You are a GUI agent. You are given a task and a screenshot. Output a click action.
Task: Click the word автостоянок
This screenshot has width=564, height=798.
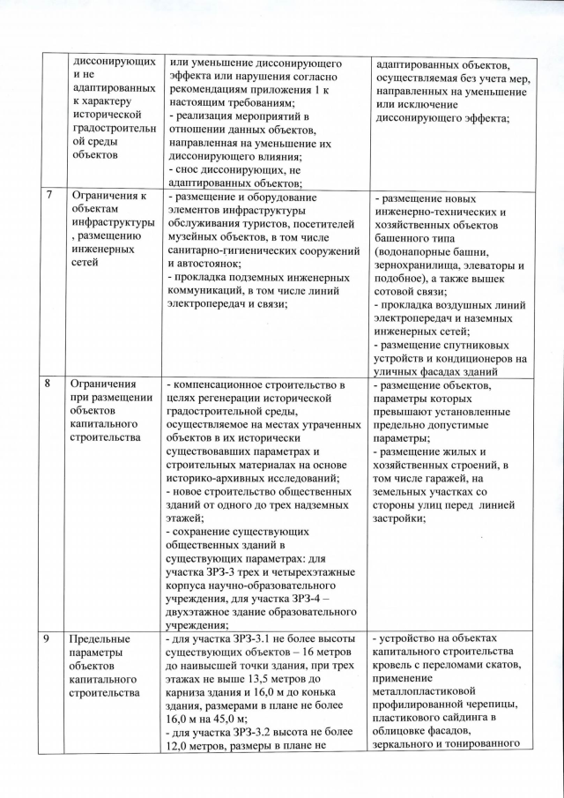(x=205, y=265)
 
